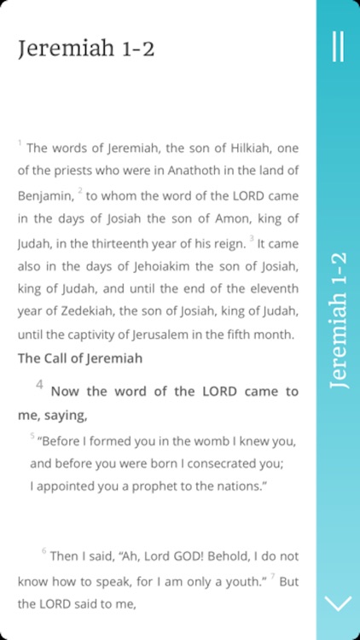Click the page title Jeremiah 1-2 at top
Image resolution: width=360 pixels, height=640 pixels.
86,49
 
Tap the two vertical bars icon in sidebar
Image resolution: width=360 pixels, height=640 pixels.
338,46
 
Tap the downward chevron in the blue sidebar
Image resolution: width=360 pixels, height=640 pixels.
338,603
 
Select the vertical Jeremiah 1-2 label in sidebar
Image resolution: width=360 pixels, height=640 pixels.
338,320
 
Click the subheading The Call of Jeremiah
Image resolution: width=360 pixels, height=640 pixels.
80,358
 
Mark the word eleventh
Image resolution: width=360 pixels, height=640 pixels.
272,288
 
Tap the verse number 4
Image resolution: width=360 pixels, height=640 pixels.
39,385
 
